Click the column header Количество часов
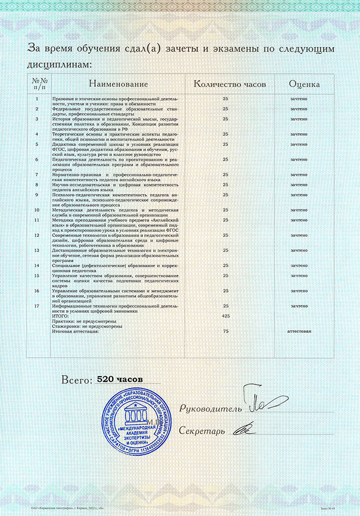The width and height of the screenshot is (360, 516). point(230,84)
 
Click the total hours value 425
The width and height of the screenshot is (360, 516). point(225,315)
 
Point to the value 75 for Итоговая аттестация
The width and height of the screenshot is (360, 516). point(225,331)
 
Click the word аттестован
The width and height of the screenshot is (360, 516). point(299,331)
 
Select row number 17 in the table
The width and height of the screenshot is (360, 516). point(37,306)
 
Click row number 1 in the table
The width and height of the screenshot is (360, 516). point(37,98)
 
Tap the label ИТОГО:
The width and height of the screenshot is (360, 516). point(60,316)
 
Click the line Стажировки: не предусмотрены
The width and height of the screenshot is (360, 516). point(87,326)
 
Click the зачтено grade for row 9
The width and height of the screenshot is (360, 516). point(299,195)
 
